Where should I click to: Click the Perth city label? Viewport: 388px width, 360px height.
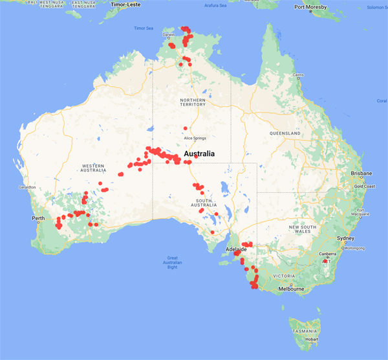[x=37, y=218]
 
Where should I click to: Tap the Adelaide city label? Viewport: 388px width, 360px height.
[x=236, y=248]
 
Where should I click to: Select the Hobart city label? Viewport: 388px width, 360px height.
[x=312, y=339]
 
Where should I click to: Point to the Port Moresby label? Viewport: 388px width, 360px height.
[x=310, y=8]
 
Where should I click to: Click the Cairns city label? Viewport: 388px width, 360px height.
[x=297, y=75]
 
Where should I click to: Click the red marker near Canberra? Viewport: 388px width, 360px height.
[x=326, y=262]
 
